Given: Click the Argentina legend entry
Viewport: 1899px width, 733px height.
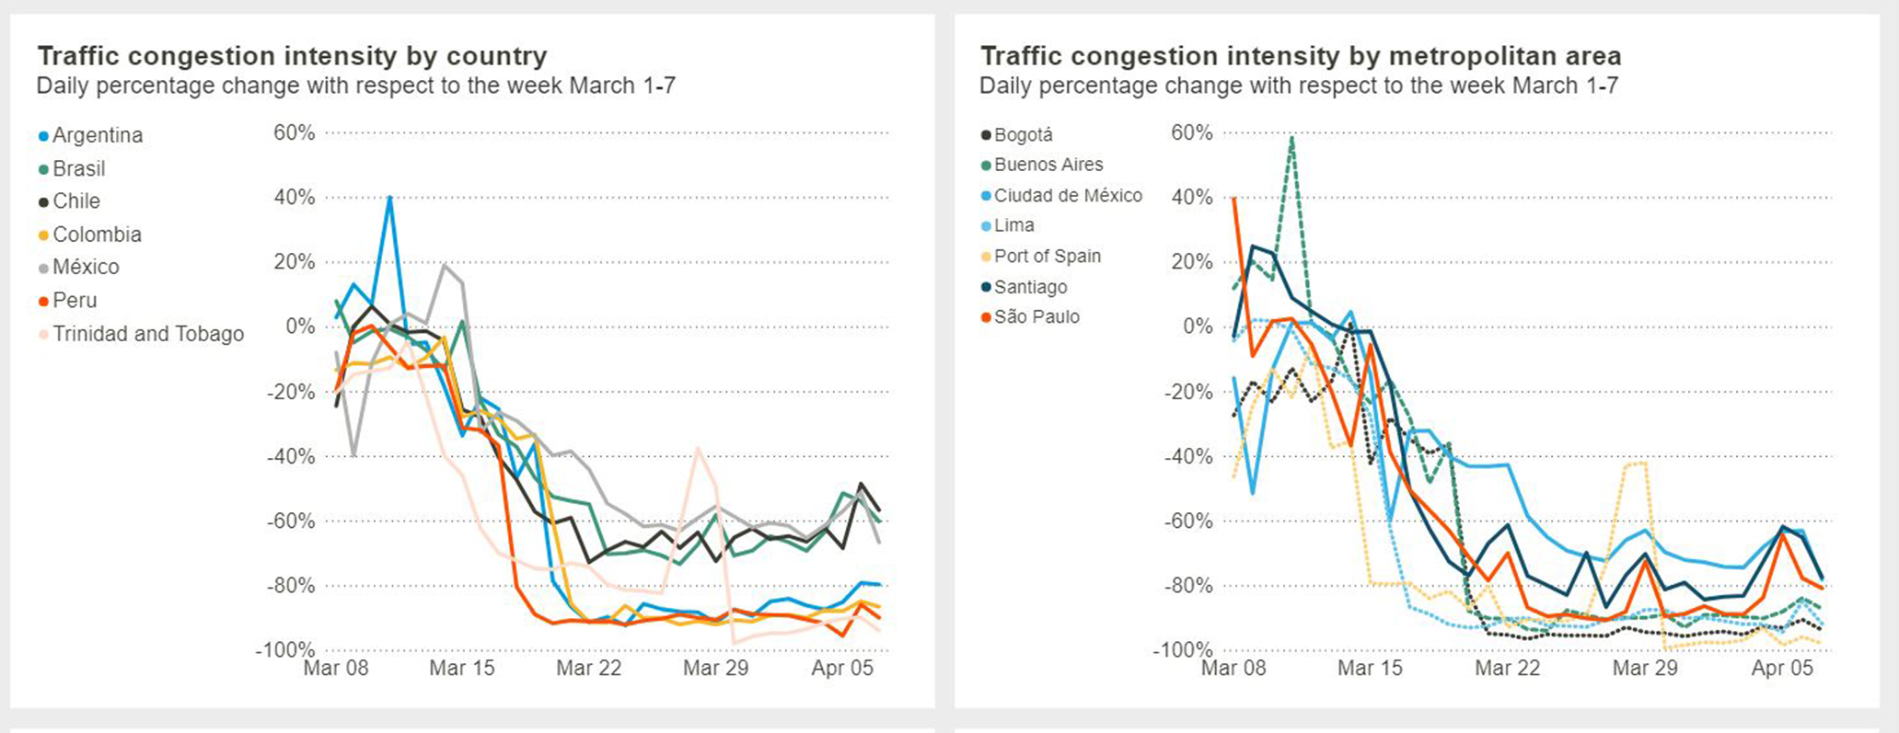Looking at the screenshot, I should [97, 135].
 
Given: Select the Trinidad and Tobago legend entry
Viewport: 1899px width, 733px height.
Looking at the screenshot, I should [147, 334].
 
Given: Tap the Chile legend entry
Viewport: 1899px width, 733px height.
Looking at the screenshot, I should [75, 201].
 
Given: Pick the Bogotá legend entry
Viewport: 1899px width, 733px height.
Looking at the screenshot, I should [1023, 135].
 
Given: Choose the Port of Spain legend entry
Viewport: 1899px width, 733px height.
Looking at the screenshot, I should [1047, 257].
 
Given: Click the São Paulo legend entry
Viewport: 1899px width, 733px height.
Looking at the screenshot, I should [1036, 317].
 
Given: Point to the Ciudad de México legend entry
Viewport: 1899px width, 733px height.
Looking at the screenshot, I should [1067, 196].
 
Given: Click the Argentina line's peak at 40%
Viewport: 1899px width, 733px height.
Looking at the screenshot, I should [390, 197].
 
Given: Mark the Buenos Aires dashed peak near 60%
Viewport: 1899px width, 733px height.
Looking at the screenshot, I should [1292, 137].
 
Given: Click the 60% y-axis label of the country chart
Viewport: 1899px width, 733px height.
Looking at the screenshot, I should [294, 132].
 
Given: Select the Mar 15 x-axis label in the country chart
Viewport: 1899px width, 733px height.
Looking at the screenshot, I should [462, 669].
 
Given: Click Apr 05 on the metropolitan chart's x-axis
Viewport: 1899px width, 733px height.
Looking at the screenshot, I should [1781, 669].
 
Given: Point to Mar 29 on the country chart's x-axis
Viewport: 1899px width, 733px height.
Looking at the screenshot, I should [715, 669].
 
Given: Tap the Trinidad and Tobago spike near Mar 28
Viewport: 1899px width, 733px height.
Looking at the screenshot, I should [699, 448].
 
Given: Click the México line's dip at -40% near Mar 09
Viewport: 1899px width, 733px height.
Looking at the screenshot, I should [353, 455].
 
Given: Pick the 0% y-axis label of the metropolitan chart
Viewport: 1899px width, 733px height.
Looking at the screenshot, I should [1198, 326].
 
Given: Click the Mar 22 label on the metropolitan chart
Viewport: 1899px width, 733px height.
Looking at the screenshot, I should [1507, 669].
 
